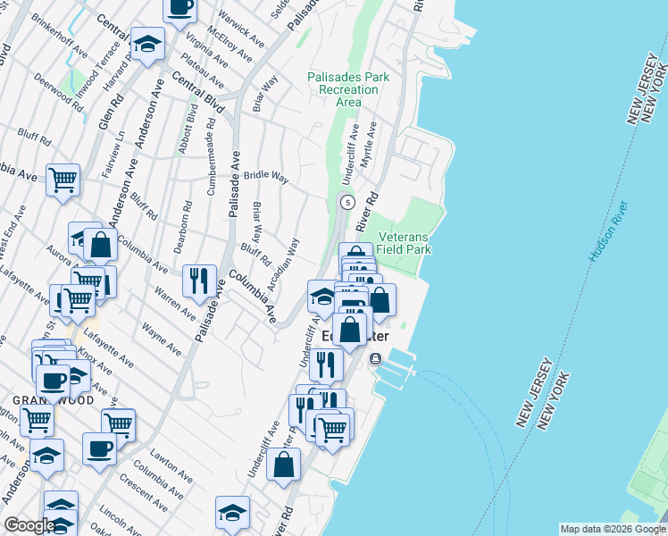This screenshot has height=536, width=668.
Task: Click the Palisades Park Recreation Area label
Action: [348, 89]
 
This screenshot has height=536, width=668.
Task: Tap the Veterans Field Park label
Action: [405, 243]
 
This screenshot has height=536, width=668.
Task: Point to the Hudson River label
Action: [608, 231]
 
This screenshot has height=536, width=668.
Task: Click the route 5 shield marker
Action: [347, 201]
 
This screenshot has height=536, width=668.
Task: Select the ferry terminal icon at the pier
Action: [375, 359]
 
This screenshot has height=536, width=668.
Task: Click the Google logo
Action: [29, 525]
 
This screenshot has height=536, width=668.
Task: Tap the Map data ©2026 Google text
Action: [612, 529]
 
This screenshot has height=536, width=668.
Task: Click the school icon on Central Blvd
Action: [147, 43]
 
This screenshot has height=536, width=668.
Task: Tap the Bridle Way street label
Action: [266, 177]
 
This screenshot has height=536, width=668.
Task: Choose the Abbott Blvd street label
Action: [191, 130]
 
